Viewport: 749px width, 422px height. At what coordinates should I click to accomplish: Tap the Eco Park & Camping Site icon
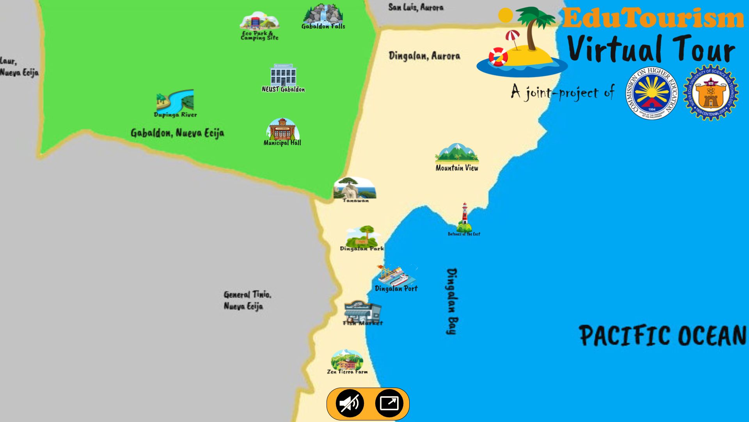pyautogui.click(x=259, y=21)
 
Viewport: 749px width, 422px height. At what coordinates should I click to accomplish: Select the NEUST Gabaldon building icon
pyautogui.click(x=283, y=75)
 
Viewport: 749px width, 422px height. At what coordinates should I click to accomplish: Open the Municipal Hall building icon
pyautogui.click(x=282, y=129)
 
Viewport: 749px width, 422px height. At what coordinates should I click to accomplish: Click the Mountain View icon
pyautogui.click(x=457, y=153)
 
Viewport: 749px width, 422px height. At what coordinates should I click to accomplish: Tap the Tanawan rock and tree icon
pyautogui.click(x=355, y=188)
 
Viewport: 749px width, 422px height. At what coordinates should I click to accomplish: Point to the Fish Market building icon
pyautogui.click(x=362, y=311)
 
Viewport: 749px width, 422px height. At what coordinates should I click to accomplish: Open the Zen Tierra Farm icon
pyautogui.click(x=347, y=360)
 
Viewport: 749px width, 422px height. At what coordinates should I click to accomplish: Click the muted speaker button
pyautogui.click(x=350, y=403)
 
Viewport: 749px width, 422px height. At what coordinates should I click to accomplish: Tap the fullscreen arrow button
pyautogui.click(x=389, y=403)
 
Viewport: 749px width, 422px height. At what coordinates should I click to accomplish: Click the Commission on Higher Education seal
pyautogui.click(x=652, y=93)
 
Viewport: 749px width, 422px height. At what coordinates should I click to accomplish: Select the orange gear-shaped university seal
pyautogui.click(x=711, y=93)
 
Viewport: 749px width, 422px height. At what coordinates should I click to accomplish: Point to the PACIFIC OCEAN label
pyautogui.click(x=662, y=335)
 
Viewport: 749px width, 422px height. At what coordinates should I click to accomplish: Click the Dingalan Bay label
pyautogui.click(x=452, y=301)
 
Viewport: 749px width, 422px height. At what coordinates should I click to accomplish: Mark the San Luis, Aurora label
pyautogui.click(x=416, y=7)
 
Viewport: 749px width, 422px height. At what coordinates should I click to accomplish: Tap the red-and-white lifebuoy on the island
pyautogui.click(x=498, y=57)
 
